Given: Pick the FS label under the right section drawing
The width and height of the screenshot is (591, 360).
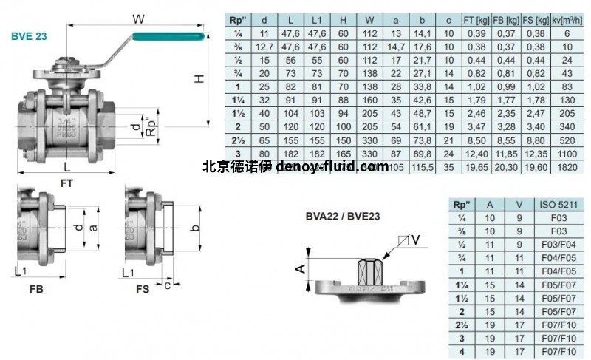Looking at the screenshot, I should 143,289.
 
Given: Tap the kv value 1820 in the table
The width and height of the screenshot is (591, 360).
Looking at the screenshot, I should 569,168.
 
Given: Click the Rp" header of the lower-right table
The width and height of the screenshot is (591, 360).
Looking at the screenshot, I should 463,205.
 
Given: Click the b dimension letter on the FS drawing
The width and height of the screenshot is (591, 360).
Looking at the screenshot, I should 195,227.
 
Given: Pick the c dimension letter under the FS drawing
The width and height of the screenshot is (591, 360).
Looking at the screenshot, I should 168,283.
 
